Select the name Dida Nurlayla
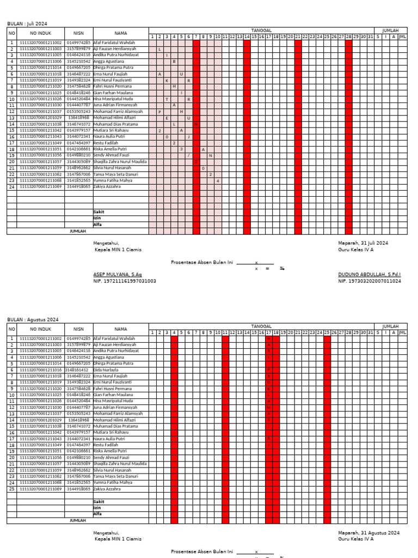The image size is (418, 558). (106, 369)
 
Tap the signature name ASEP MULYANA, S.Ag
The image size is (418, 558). (117, 274)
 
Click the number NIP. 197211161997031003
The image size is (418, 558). (125, 281)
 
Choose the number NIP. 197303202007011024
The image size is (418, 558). (370, 281)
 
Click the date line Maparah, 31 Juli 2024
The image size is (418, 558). (363, 242)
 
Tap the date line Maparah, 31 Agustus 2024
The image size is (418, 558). (368, 532)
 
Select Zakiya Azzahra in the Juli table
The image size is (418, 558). (107, 186)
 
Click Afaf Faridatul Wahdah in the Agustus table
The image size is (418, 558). (114, 338)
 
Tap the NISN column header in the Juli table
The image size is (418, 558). (79, 33)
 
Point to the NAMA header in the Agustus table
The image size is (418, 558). (121, 329)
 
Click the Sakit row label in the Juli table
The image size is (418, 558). (99, 211)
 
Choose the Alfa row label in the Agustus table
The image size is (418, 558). (97, 514)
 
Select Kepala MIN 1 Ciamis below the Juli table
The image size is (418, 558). (118, 250)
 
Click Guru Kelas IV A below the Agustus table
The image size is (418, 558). (355, 539)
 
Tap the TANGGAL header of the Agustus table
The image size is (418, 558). (261, 326)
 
